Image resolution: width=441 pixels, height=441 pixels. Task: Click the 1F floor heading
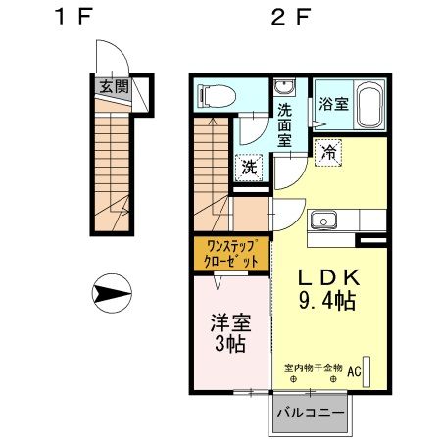pyautogui.click(x=73, y=17)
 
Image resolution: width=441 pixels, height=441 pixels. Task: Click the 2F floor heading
pyautogui.click(x=290, y=17)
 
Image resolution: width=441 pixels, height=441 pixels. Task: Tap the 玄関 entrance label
pyautogui.click(x=114, y=86)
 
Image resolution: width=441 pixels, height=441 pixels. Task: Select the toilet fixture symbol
pyautogui.click(x=218, y=95)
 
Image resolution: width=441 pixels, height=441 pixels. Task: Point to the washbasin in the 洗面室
pyautogui.click(x=284, y=87)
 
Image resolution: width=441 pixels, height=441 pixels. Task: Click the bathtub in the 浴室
pyautogui.click(x=369, y=105)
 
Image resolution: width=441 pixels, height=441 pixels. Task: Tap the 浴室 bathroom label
pyautogui.click(x=334, y=104)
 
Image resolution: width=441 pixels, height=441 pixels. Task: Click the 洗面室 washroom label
pyautogui.click(x=284, y=125)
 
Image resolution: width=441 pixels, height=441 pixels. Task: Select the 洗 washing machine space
pyautogui.click(x=249, y=168)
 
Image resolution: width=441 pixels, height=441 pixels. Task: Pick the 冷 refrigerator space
pyautogui.click(x=328, y=153)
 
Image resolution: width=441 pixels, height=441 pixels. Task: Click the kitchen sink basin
pyautogui.click(x=323, y=220)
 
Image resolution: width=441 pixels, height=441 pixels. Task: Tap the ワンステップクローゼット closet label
pyautogui.click(x=231, y=254)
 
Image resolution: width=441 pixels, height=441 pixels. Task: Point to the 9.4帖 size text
pyautogui.click(x=327, y=301)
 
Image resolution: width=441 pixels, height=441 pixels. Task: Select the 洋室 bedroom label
pyautogui.click(x=230, y=322)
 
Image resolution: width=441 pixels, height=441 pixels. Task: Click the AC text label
pyautogui.click(x=354, y=371)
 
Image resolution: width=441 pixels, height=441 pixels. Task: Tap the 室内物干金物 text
pyautogui.click(x=314, y=368)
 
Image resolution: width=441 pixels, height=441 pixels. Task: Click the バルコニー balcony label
pyautogui.click(x=311, y=413)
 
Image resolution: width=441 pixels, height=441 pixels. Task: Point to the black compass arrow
pyautogui.click(x=112, y=293)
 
